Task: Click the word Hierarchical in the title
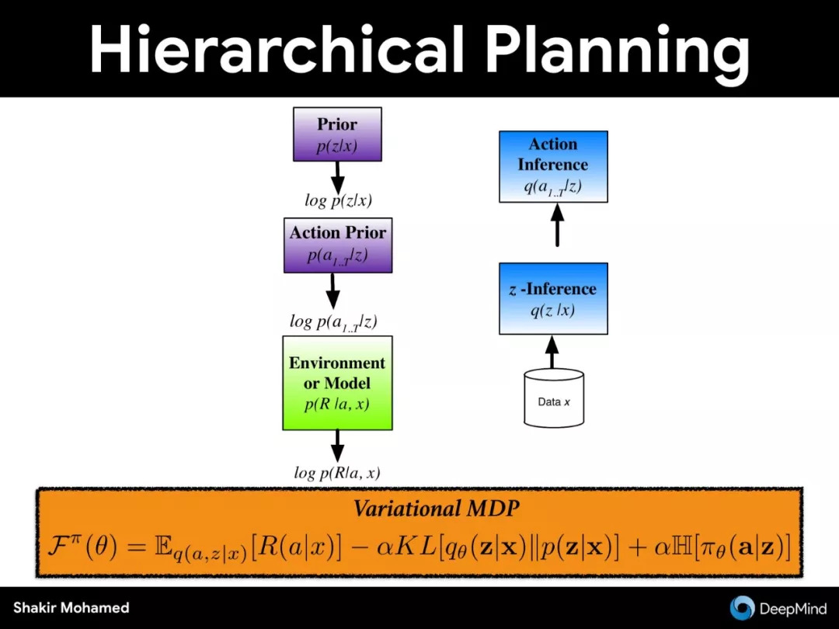277,48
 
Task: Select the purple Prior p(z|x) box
337,134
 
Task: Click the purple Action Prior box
338,245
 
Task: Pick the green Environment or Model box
337,383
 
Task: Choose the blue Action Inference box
553,166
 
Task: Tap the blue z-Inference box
553,298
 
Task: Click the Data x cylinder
553,398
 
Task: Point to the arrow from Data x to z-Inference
552,352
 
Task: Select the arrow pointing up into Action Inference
558,224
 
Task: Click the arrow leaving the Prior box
337,178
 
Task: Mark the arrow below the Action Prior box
332,291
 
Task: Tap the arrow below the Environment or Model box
337,446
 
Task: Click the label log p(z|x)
338,200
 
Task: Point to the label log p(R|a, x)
337,473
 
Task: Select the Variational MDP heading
436,508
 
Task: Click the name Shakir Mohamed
71,607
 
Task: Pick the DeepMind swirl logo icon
742,608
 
